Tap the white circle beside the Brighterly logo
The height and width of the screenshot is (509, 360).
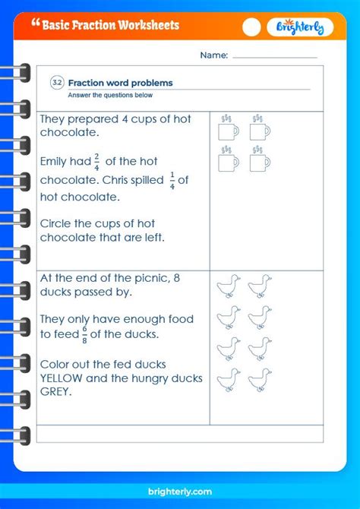pos(251,27)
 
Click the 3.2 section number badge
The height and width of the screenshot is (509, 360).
pos(58,83)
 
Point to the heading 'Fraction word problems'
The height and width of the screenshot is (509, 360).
pos(121,83)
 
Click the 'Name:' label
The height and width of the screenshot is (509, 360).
pos(213,55)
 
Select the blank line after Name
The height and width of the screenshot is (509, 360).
pos(274,56)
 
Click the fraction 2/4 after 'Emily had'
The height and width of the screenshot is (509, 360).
pos(96,160)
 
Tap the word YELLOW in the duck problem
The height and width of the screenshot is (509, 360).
pos(66,378)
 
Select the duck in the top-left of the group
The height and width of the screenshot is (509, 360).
pos(228,286)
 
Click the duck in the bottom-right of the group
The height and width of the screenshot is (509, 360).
pos(260,378)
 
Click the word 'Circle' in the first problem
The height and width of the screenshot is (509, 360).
pos(58,223)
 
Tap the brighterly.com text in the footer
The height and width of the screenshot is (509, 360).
pos(180,492)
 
